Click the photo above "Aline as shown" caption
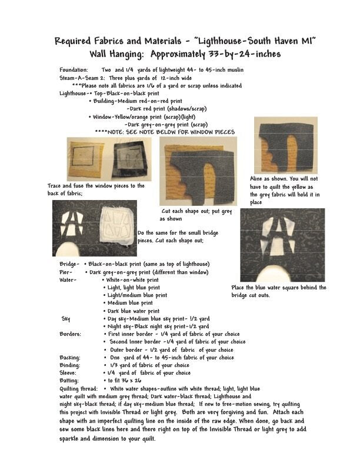coord(285,144)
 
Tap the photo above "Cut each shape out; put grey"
coord(198,171)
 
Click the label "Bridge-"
coord(69,265)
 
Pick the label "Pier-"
coord(66,272)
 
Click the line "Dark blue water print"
coord(133,311)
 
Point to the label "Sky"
coord(66,318)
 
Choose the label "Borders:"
coord(71,334)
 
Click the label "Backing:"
coord(70,357)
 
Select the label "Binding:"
coord(70,365)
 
